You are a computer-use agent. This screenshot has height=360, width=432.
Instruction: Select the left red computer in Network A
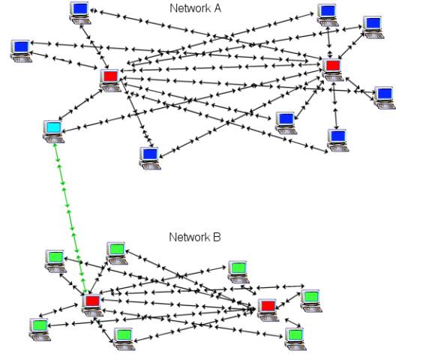109,79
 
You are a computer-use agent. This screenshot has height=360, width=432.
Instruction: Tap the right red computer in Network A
332,69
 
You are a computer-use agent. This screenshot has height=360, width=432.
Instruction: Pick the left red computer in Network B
91,304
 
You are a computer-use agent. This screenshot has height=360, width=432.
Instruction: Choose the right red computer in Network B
267,308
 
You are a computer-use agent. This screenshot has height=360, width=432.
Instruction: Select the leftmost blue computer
20,49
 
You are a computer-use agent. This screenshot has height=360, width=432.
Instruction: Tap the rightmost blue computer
383,96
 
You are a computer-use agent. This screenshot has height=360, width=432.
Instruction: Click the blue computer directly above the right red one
326,13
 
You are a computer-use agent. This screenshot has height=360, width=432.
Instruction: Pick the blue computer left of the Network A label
79,11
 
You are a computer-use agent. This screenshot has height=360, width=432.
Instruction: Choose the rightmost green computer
310,300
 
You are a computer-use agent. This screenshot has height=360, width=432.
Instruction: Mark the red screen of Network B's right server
267,305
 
